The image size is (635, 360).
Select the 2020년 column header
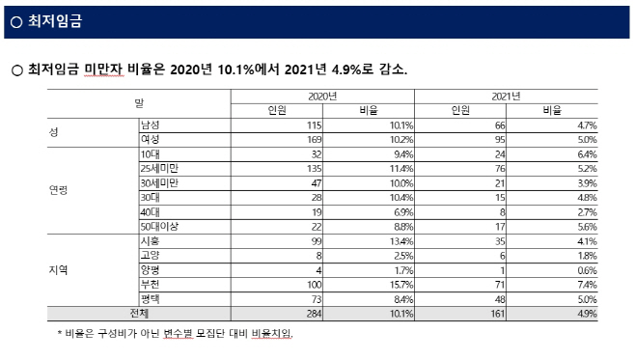point(322,97)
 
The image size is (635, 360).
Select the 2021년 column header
point(506,97)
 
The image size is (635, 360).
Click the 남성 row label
point(150,125)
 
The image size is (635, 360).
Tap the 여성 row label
point(150,139)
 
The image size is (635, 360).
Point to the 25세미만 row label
point(158,168)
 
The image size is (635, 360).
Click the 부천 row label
point(150,285)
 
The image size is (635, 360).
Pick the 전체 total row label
point(140,314)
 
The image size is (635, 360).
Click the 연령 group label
point(59,190)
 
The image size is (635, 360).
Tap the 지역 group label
point(59,270)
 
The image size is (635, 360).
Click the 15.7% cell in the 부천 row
point(400,285)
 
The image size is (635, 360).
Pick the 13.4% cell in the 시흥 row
point(400,241)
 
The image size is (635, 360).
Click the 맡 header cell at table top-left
point(139,103)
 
